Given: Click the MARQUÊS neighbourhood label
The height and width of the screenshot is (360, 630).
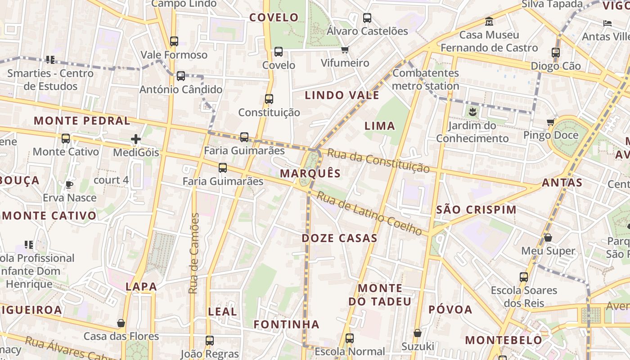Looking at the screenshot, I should (310, 173).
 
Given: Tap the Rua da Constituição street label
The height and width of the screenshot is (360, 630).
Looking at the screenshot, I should (378, 160).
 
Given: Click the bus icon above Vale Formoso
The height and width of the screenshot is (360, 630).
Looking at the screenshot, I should (174, 41).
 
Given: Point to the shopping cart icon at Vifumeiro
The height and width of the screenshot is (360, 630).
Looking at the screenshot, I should (345, 49).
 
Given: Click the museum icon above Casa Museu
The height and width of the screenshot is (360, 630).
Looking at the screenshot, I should (489, 21).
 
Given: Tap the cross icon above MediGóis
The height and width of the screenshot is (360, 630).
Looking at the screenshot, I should (136, 139).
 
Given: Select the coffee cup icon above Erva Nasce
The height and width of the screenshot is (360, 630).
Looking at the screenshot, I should (69, 184).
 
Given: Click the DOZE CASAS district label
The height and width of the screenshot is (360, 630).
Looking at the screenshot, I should (339, 238).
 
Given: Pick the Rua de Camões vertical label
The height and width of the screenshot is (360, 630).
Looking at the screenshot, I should (194, 253).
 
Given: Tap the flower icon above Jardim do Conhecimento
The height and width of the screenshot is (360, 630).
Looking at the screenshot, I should (472, 111).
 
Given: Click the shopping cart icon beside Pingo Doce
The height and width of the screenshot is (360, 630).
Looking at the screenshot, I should (551, 122).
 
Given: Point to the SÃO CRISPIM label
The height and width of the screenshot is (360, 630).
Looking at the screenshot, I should (476, 210).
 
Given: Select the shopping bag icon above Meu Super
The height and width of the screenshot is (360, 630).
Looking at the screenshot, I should (548, 237).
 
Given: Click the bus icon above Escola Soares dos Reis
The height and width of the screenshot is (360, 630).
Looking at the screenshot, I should (524, 277).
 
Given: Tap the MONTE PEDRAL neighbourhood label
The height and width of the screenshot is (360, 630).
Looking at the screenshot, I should (82, 121).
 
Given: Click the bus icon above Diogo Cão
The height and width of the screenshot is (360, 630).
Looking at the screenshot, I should (556, 52).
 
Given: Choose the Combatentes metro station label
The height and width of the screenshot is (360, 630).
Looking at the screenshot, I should (425, 79).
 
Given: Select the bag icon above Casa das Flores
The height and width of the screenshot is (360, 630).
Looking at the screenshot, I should (121, 323).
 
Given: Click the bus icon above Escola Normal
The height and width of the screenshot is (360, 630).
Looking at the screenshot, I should (350, 338).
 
